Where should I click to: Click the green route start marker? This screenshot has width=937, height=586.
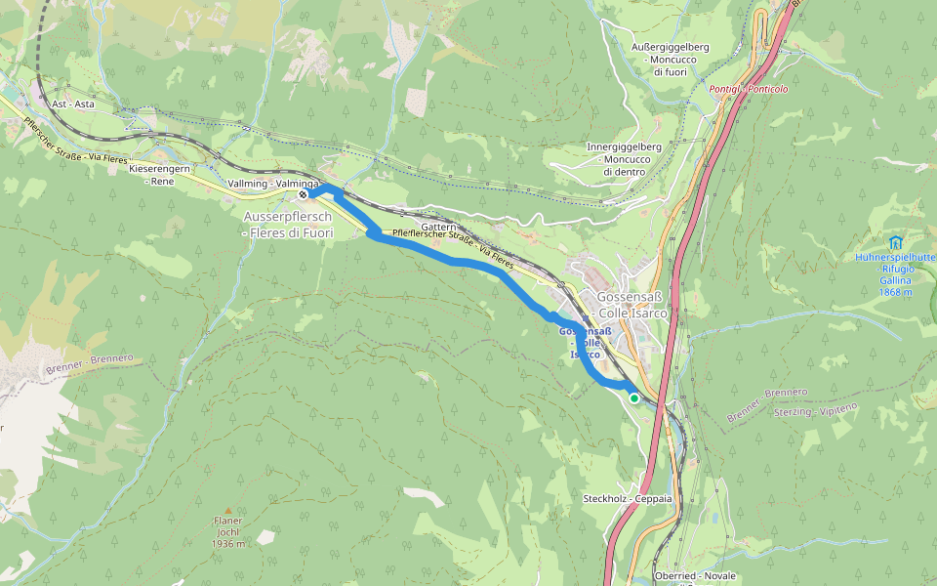pos(634,398)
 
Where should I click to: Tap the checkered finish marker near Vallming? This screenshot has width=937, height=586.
pos(304,194)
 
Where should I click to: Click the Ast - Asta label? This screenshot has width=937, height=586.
pos(72,104)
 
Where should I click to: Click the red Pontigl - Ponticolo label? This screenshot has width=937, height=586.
pos(749,89)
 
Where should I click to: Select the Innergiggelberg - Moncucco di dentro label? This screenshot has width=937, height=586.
pos(625,159)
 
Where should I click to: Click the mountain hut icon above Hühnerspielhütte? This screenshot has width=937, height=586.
pos(895,241)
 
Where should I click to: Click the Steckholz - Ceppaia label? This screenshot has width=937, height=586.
pos(627,498)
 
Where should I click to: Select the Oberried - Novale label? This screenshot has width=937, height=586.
pos(696,576)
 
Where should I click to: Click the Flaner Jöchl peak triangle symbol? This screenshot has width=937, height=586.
pos(228,510)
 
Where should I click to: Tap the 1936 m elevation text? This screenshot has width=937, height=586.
pos(228,544)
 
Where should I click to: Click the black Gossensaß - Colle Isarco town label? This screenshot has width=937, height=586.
pos(626,305)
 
